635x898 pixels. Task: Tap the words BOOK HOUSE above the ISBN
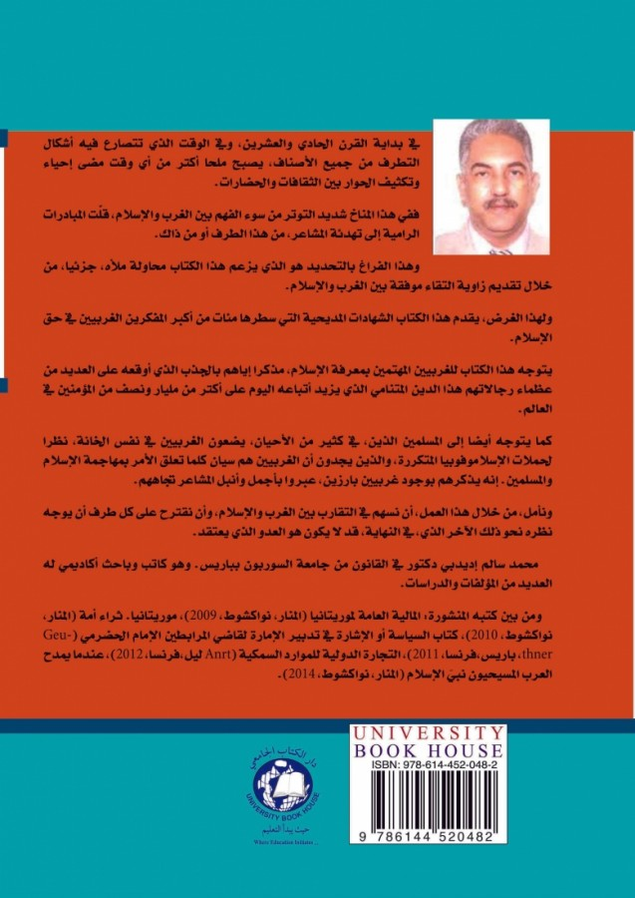(440, 751)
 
